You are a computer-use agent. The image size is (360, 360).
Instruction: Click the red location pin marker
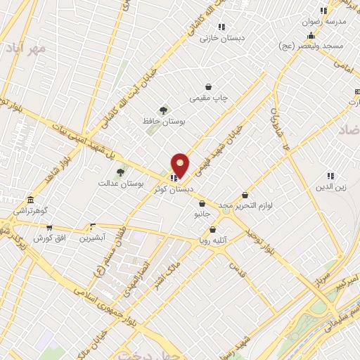point(180,166)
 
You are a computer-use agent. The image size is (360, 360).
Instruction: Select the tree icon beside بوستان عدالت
point(120,172)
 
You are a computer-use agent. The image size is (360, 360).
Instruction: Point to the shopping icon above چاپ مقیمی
point(209,86)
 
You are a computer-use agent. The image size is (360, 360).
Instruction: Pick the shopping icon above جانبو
point(202,204)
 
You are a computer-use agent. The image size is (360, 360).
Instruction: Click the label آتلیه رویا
point(213,240)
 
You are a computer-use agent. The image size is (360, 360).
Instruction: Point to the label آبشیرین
point(92,238)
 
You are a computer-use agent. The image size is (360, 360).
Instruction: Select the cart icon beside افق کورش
point(49,227)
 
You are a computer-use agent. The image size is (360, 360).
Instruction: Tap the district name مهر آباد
point(28,48)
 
